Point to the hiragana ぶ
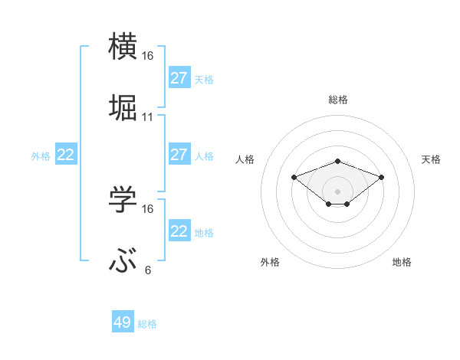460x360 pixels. [123, 261]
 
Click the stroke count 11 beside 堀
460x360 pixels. [148, 117]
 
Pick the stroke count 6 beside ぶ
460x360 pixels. [148, 270]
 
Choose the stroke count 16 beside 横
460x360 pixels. [148, 56]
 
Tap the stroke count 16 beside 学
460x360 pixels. [148, 209]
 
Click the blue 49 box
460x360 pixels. [123, 322]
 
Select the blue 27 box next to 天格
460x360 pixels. [179, 78]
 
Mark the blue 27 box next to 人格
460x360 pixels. [179, 155]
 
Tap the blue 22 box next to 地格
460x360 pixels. [179, 231]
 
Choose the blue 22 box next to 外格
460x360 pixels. [66, 155]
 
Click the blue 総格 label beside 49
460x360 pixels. [148, 324]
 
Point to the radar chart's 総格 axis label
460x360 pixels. [337, 100]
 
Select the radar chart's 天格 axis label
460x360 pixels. [431, 159]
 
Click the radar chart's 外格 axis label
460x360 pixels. [270, 262]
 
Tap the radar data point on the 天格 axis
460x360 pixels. [381, 177]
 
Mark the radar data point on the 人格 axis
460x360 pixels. [294, 177]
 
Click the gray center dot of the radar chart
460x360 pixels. [337, 191]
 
